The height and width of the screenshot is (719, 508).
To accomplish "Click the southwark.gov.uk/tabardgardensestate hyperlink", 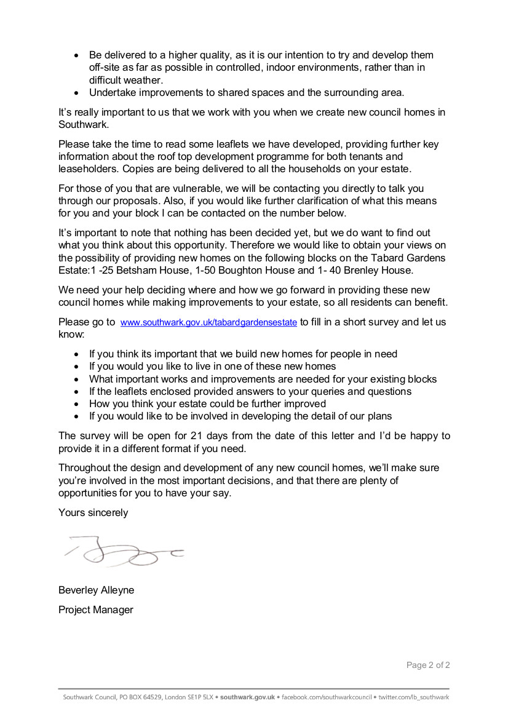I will [x=208, y=322].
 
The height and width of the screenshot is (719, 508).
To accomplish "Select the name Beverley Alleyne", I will [x=96, y=590].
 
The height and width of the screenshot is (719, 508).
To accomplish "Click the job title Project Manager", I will [x=95, y=610].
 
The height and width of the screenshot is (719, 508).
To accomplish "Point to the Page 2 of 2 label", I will [x=428, y=665].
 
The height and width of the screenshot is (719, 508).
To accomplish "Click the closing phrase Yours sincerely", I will [x=93, y=512].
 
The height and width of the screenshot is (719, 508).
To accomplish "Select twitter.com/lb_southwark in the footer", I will [x=413, y=697].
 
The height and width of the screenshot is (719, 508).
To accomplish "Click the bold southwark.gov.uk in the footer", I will [x=247, y=697].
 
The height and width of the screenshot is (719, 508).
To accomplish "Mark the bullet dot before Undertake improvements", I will [x=76, y=93].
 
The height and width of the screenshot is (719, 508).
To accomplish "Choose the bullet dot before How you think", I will [x=76, y=404].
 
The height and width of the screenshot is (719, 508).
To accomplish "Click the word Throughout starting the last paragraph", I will [x=87, y=468].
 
